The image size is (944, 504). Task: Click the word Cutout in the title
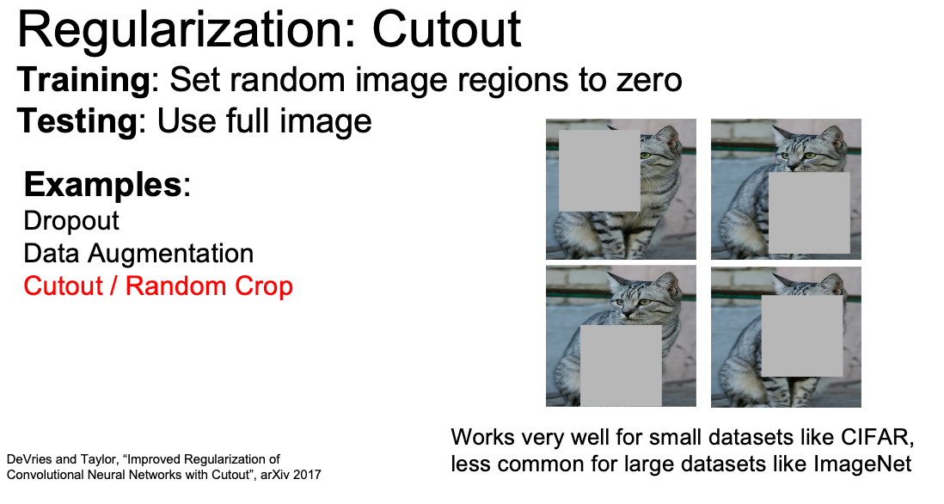pos(446,29)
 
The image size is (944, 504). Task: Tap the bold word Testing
pos(77,122)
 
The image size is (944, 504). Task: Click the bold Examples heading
pos(102,184)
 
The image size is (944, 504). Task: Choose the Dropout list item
pos(71,221)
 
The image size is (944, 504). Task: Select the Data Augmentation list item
pos(138,254)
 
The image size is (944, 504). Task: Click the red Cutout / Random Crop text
pos(157,286)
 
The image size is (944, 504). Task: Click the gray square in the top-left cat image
pos(599,170)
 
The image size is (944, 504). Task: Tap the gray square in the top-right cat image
pos(809,213)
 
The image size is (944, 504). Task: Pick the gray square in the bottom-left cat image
pos(621,366)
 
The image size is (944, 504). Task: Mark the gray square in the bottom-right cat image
pos(802,336)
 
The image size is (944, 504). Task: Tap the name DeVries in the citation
pos(29,459)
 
